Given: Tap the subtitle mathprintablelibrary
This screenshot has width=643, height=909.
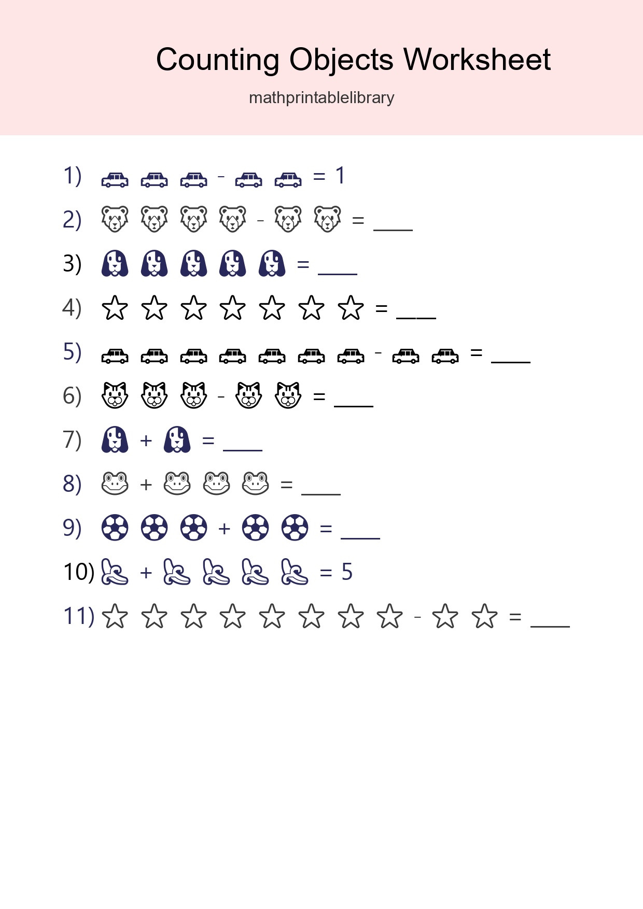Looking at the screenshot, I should pos(321,97).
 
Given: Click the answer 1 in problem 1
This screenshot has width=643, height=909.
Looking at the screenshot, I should pos(340,176).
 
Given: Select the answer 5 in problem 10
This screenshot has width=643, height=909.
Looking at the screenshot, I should pos(347,573).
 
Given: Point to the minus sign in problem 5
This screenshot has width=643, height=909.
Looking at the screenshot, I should pos(379,353).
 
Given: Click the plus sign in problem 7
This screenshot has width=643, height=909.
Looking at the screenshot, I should pos(146,441).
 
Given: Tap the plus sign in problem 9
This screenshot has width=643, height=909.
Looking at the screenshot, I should pos(225,529).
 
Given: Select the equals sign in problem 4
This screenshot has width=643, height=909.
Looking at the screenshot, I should pos(382,309).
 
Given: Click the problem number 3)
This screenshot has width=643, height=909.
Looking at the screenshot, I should pos(72,264).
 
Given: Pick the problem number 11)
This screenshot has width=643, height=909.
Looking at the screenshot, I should pos(78,616).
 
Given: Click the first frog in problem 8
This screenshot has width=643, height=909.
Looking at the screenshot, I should pos(115,484).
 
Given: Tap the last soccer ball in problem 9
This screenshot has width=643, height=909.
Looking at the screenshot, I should pos(295,528).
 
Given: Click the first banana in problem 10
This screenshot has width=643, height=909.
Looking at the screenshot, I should pos(115,572).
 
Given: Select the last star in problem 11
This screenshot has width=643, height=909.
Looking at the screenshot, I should pos(484,616).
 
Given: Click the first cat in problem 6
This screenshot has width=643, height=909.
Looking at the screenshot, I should pos(115,395).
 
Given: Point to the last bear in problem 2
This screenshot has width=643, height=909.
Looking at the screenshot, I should pos(328,219).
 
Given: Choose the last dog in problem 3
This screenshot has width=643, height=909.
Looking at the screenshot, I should pos(272,263).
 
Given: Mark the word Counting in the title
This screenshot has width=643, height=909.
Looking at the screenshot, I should pos(217,60).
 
